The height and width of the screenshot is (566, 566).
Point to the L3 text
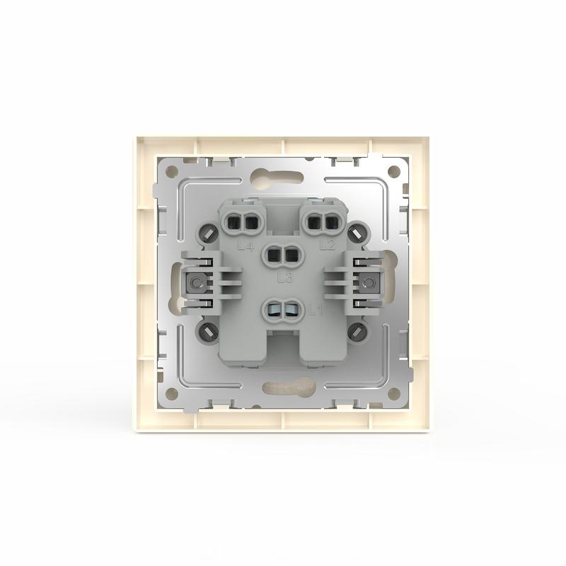tap(286, 277)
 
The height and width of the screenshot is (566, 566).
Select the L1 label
tap(316, 309)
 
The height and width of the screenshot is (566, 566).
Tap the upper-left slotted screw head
tap(210, 233)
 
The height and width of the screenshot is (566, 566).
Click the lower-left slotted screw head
tap(210, 332)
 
